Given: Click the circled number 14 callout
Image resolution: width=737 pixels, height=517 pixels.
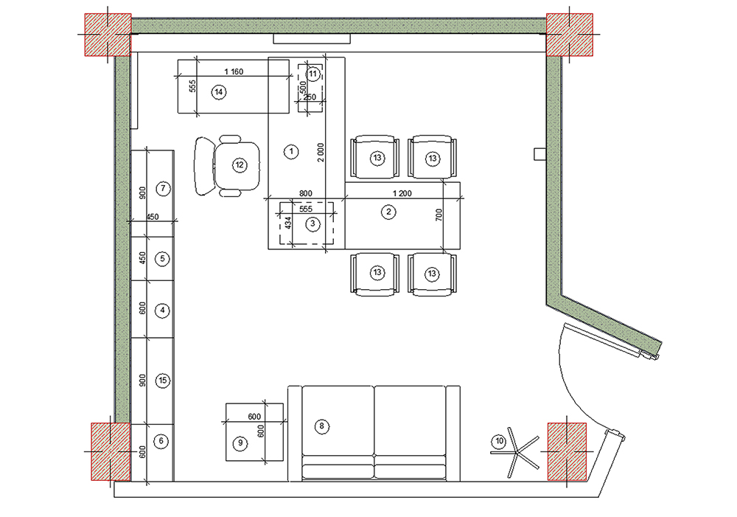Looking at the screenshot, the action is [219, 92].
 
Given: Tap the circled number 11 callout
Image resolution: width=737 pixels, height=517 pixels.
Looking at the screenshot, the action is [313, 74].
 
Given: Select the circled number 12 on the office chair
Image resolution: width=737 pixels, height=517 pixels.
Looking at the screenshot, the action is [240, 165].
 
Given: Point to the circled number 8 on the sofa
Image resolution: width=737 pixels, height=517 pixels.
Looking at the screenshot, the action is [322, 427].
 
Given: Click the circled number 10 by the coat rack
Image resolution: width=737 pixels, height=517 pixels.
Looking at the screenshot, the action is [499, 441].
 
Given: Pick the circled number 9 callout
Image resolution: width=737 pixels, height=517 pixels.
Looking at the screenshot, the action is [240, 443].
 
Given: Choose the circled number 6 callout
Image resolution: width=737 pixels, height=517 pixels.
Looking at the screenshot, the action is [161, 441].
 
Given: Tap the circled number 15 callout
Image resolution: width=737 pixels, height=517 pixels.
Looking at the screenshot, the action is [163, 381].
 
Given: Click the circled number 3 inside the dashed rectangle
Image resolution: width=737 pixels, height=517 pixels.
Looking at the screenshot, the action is [313, 224].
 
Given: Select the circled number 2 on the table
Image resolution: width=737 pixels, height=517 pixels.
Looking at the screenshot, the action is [388, 212].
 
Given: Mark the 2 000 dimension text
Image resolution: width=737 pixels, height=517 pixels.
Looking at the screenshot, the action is [321, 153].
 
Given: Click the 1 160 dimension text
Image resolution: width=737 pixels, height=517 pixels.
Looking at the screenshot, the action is [234, 72].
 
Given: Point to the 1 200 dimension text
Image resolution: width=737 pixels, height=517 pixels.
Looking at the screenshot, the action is [402, 193].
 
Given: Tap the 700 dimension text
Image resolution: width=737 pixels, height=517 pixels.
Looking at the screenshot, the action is [439, 215].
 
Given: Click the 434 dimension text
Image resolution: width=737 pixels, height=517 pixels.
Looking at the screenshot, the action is [288, 223].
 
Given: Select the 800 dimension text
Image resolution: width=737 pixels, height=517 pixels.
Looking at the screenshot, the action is [306, 193].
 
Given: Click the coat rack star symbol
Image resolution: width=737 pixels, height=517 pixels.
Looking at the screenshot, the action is [517, 453].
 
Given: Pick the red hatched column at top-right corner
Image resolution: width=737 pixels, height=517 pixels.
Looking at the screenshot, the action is [569, 35].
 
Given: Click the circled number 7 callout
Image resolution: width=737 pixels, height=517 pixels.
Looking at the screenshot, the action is [163, 189].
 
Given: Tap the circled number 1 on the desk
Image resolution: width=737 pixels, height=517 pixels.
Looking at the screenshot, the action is [291, 151].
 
